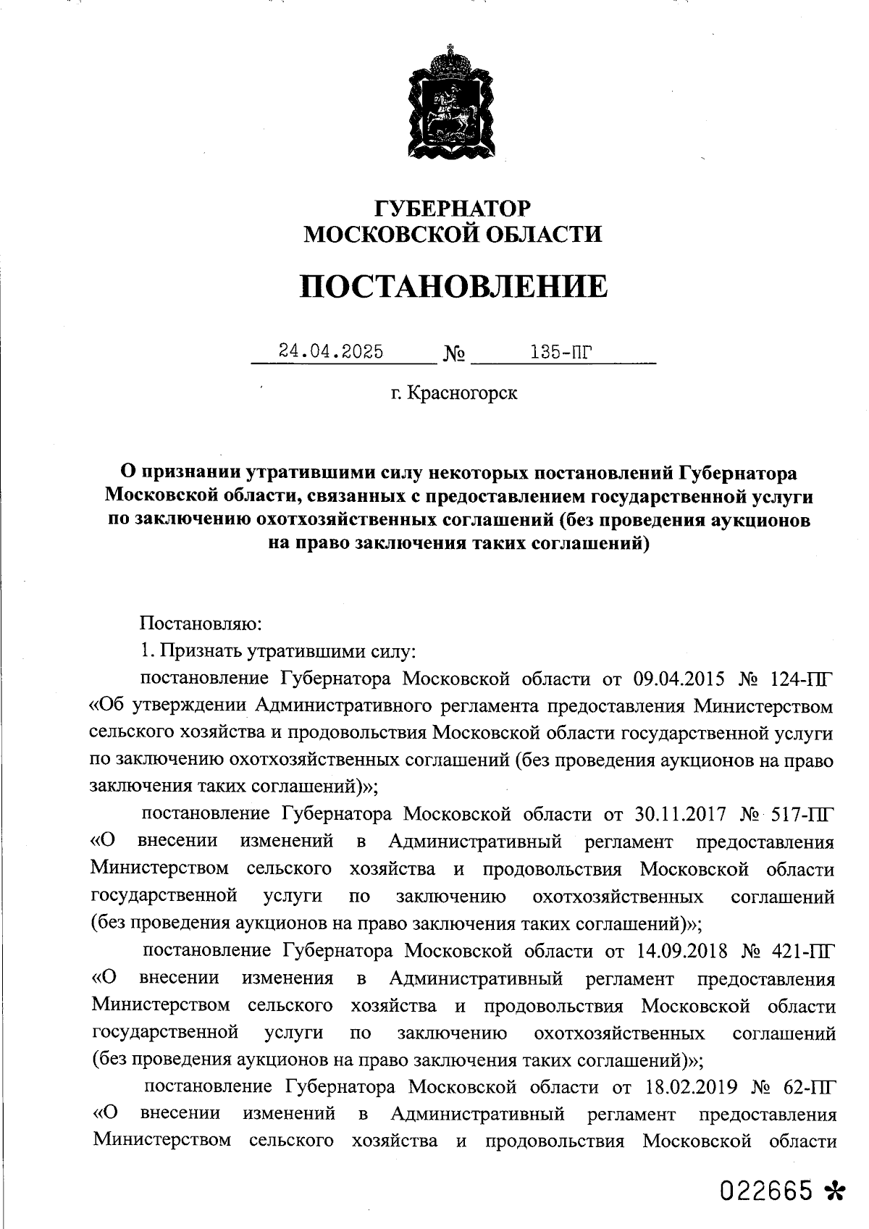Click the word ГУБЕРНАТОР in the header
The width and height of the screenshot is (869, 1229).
pyautogui.click(x=452, y=209)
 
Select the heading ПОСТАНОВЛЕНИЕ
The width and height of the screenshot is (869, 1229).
pyautogui.click(x=453, y=287)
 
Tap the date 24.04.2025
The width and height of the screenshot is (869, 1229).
pyautogui.click(x=331, y=352)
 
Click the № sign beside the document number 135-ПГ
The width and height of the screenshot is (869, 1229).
pyautogui.click(x=454, y=355)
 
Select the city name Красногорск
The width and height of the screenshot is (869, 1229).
pyautogui.click(x=463, y=393)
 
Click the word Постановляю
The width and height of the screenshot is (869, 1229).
pyautogui.click(x=200, y=624)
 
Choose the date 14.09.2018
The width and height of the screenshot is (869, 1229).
pyautogui.click(x=681, y=950)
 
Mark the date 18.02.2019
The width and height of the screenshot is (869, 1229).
pyautogui.click(x=688, y=1086)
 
